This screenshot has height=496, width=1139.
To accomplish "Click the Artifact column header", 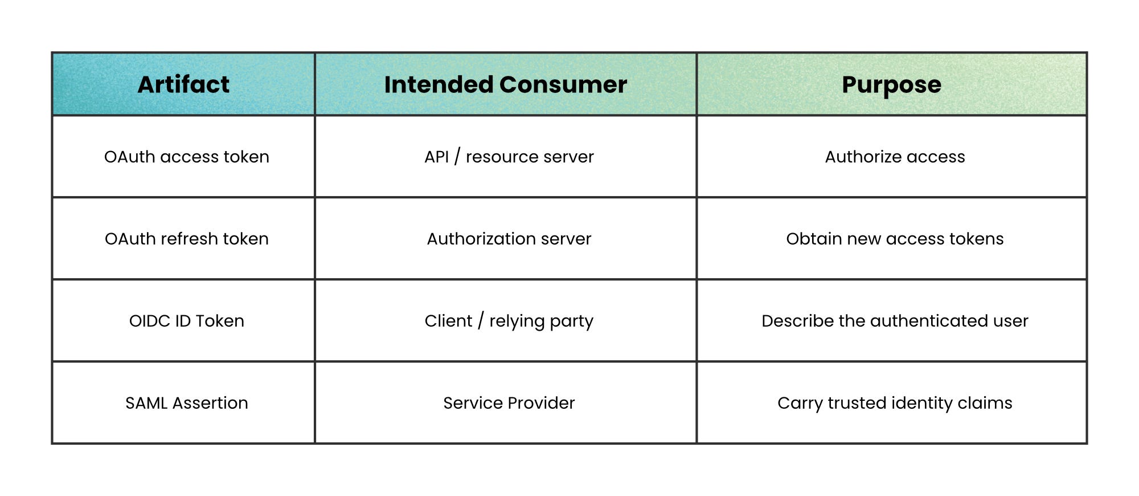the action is point(183,84).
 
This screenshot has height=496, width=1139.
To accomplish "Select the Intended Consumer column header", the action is point(506,84).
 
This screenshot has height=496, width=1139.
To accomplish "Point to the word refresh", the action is point(189,238).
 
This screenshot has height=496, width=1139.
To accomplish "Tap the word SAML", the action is point(146,403).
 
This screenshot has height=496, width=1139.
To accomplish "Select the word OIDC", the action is point(150,320).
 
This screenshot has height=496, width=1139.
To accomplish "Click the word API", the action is point(437,157).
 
